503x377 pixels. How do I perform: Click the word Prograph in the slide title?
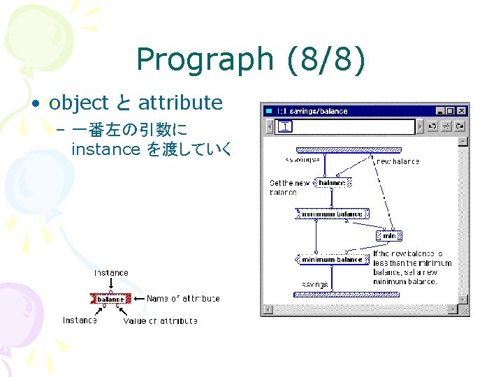click(205, 60)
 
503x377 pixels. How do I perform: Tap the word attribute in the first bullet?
click(180, 103)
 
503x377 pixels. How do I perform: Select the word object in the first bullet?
click(78, 103)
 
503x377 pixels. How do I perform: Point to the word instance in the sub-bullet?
click(105, 149)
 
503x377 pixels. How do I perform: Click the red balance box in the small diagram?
click(111, 299)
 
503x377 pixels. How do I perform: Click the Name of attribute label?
click(183, 299)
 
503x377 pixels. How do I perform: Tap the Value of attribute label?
click(160, 321)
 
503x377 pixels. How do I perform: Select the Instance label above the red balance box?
click(111, 273)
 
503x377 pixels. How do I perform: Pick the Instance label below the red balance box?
click(80, 320)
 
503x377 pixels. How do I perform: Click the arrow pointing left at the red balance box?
click(139, 299)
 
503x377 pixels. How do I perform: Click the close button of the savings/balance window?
click(462, 111)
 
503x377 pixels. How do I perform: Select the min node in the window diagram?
click(389, 236)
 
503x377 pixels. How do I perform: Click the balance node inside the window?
click(332, 183)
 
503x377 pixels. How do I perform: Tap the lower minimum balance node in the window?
click(331, 260)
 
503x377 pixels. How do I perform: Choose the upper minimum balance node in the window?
click(332, 214)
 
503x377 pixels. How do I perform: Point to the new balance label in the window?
click(398, 161)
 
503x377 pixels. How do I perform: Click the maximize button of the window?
click(451, 111)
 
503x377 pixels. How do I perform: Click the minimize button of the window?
click(440, 111)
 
